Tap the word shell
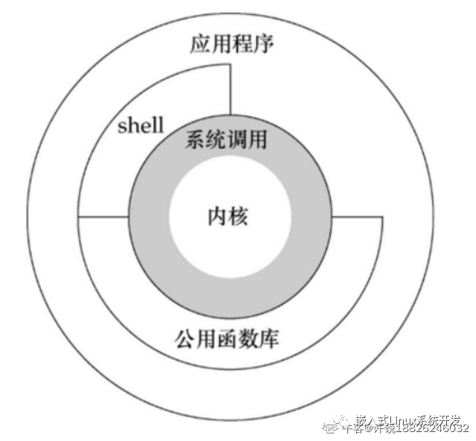tap(141, 125)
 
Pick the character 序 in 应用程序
tap(262, 45)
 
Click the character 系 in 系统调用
tap(194, 140)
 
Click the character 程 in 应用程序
tap(241, 45)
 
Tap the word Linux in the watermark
tap(395, 419)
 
